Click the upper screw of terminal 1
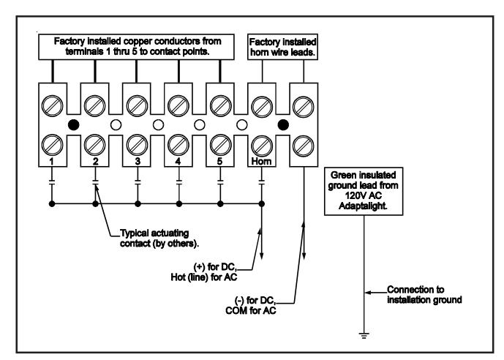[53, 106]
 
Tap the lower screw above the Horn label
[262, 146]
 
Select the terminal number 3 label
[138, 161]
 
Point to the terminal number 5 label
[220, 161]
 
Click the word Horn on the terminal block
[262, 162]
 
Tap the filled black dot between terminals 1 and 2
[74, 124]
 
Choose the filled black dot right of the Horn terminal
[283, 124]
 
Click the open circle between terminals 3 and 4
[158, 124]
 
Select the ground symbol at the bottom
[364, 335]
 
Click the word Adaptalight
[364, 206]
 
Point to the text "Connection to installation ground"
[424, 295]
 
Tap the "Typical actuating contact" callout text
[159, 239]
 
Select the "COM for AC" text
[251, 310]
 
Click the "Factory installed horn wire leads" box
[282, 47]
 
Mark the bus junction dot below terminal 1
[52, 204]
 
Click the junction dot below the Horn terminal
[262, 204]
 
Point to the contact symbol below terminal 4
[179, 183]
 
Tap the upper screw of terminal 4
[178, 106]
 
